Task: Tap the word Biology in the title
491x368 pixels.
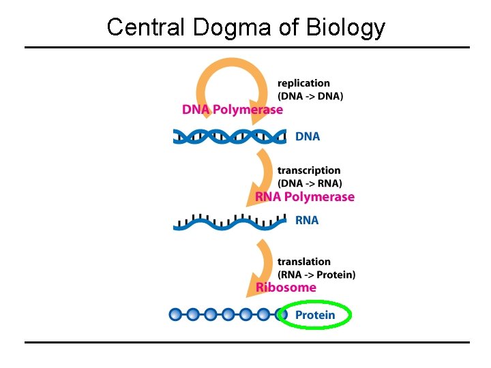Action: pos(346,28)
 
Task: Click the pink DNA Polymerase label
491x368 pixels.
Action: pos(232,110)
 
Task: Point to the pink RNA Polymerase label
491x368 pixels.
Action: pos(305,197)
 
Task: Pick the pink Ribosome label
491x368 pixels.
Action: pos(286,287)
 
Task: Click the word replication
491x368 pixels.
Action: pos(303,83)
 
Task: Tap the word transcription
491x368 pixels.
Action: pos(309,170)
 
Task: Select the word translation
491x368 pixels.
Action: pos(304,262)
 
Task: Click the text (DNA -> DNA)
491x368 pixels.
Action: pos(310,96)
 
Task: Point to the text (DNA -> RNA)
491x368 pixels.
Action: pos(310,183)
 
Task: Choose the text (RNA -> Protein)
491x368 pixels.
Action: pos(316,275)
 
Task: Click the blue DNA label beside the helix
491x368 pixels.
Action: pos(307,136)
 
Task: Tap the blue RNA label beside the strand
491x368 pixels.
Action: pos(307,220)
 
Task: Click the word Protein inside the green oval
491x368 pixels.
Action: pos(315,315)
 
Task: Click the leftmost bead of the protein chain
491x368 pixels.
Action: pos(176,315)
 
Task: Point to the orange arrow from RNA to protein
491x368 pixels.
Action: pos(265,262)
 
